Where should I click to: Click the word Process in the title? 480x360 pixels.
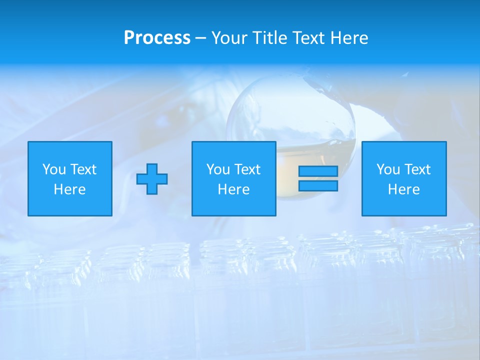157,38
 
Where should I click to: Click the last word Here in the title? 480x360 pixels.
349,38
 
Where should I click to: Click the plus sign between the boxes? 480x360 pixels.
152,179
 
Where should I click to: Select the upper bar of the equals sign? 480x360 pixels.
318,171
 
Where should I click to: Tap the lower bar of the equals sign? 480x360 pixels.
318,186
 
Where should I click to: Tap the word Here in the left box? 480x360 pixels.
70,189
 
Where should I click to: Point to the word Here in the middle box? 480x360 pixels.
234,189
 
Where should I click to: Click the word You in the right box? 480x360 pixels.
388,169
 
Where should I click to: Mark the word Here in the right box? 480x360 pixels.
404,189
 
